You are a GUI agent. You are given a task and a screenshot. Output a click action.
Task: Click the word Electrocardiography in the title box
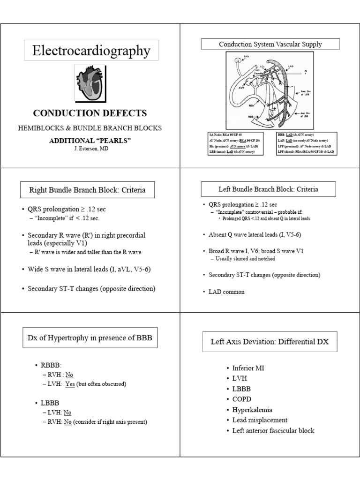91,51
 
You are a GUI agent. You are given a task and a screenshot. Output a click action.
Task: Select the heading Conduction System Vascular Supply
270,45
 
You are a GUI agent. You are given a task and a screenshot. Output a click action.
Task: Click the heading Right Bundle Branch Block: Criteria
87,190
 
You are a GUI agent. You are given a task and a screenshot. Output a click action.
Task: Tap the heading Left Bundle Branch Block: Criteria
269,189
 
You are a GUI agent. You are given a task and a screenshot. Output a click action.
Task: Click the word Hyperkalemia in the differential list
252,409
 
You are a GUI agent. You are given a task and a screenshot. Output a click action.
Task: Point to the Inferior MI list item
248,368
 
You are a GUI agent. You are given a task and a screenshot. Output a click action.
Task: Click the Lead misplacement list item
260,420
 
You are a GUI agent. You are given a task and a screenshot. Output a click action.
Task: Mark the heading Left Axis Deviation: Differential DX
270,342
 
